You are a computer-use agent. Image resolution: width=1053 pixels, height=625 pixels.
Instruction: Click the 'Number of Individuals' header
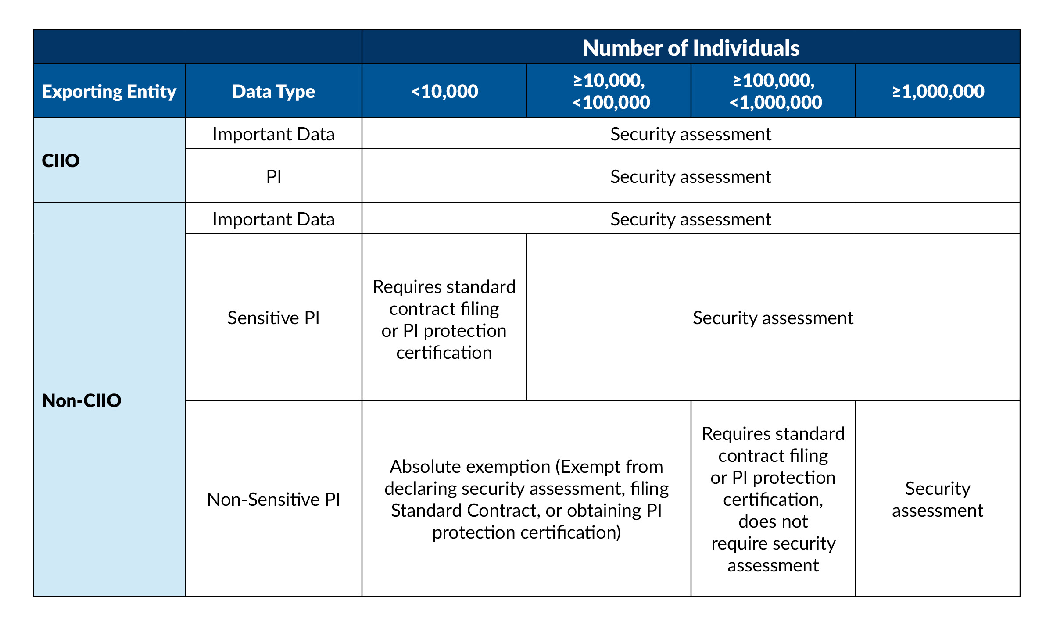691,48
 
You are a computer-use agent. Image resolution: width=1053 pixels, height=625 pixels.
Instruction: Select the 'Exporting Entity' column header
109,91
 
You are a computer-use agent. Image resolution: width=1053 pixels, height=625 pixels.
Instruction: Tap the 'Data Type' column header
273,91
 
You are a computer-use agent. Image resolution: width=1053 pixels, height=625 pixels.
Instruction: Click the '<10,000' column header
444,91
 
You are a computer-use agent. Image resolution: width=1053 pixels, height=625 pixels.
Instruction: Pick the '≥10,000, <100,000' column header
609,91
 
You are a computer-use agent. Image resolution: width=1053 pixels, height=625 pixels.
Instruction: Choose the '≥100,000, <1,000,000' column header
774,91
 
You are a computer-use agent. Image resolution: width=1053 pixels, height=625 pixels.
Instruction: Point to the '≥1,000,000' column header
938,91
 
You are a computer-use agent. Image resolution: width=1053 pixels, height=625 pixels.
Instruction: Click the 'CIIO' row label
61,161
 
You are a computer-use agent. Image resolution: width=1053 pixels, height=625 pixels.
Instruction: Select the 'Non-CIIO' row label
82,400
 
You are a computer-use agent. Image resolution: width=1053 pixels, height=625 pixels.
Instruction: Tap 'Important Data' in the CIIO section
273,134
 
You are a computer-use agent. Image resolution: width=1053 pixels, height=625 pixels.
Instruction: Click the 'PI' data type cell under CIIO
273,176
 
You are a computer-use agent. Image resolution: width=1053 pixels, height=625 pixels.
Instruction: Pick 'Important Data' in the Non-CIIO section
273,219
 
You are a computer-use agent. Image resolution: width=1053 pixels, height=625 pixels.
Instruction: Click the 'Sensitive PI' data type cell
273,318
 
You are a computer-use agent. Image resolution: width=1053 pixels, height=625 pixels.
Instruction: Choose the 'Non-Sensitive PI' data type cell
273,499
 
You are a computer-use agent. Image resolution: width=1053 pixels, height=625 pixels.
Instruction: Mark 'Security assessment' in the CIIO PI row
691,176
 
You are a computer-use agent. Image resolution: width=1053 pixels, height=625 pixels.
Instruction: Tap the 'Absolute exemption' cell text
526,499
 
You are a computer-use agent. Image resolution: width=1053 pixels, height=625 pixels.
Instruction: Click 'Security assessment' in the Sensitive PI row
773,318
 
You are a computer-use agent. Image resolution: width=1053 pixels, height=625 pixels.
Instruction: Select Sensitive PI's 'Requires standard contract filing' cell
444,319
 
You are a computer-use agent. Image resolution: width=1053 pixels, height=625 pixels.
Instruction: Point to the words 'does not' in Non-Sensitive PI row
773,521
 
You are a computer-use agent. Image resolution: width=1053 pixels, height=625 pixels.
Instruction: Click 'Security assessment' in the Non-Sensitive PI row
938,499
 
